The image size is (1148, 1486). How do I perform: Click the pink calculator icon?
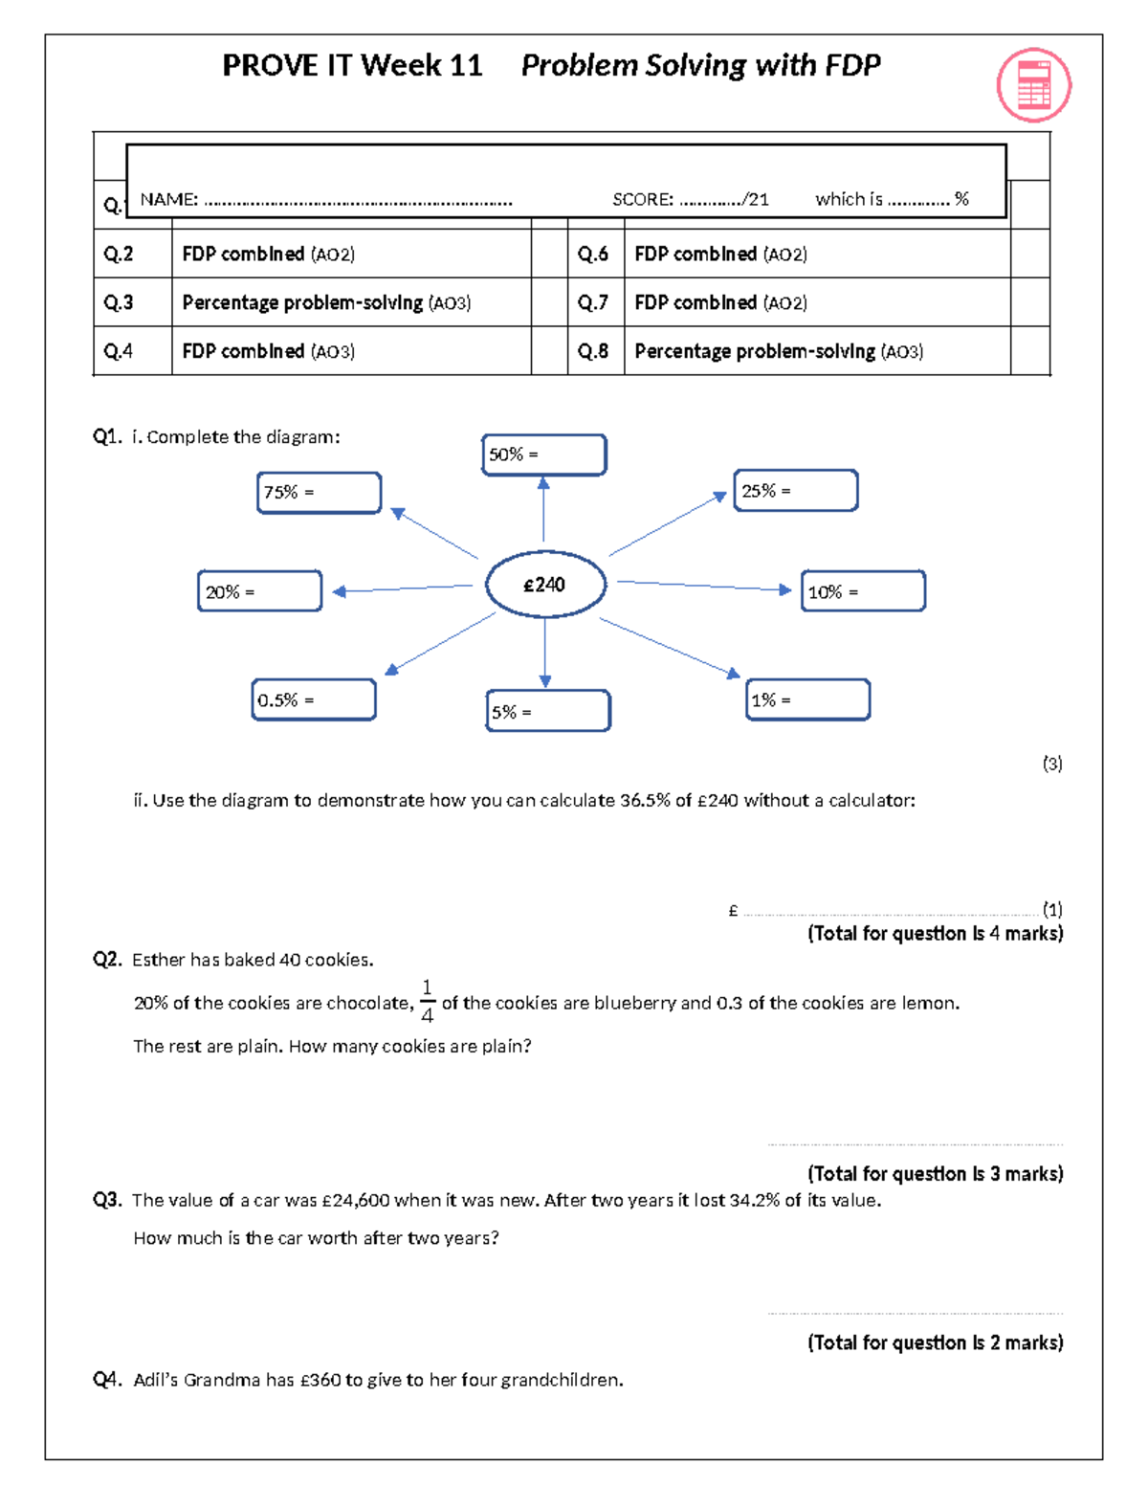point(1033,85)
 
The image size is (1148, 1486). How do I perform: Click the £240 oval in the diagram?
point(545,584)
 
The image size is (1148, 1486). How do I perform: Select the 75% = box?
point(319,493)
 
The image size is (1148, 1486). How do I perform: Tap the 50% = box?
point(543,455)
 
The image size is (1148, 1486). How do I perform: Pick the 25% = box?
point(795,491)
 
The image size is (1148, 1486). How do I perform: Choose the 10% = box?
point(863,591)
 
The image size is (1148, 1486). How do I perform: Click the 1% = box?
point(807,699)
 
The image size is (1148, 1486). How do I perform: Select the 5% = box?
point(547,711)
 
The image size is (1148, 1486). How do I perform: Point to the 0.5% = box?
point(314,699)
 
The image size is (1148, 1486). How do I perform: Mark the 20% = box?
point(259,591)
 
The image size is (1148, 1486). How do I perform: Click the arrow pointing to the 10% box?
point(704,586)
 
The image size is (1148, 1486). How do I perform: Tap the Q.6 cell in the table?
point(593,255)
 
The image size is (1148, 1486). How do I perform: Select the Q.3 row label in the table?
point(119,303)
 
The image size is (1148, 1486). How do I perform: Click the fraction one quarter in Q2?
point(427,1001)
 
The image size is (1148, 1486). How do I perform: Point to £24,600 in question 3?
point(355,1200)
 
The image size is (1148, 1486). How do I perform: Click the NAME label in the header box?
point(168,200)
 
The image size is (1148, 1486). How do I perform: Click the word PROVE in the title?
point(270,65)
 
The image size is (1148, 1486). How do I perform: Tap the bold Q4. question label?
point(107,1379)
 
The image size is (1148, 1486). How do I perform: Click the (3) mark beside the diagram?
point(1051,764)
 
